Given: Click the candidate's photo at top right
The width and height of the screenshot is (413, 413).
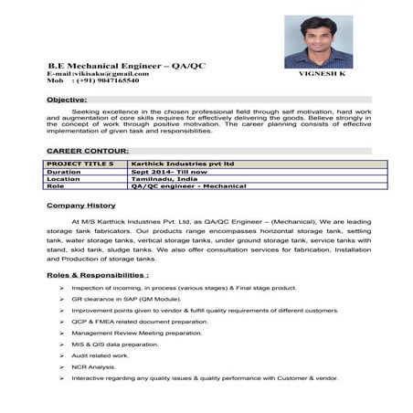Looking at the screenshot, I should click(x=318, y=41).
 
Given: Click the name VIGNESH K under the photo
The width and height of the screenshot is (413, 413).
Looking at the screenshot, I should click(x=322, y=73).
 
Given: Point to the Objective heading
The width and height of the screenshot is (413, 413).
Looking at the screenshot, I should click(x=67, y=99).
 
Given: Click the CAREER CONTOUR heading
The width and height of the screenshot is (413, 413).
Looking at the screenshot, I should click(x=87, y=150).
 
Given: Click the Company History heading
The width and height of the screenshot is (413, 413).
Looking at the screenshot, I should click(x=81, y=206).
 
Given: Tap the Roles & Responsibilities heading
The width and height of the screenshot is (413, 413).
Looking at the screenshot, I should click(x=98, y=274).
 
